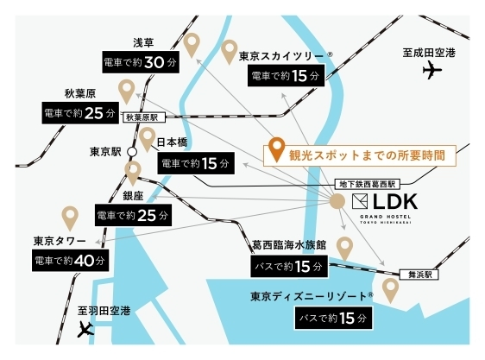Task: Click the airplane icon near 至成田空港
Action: [432, 70]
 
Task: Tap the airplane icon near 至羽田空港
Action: [85, 329]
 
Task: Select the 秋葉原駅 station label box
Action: [144, 117]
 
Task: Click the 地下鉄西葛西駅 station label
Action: [367, 184]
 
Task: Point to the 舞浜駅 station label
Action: [419, 275]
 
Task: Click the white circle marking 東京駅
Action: [132, 152]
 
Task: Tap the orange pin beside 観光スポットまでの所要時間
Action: [276, 149]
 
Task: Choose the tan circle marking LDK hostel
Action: [337, 201]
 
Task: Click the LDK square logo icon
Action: [360, 201]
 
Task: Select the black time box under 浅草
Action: [141, 62]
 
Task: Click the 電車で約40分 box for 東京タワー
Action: [71, 261]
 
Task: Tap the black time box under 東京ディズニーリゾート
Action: [333, 318]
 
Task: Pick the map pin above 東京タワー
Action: [70, 218]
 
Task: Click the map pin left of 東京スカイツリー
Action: [230, 53]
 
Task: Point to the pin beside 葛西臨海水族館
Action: [344, 249]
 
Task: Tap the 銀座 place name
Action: [133, 196]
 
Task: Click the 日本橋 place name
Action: [172, 142]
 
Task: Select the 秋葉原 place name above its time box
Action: [80, 93]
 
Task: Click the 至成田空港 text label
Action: [429, 53]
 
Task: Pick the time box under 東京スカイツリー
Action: [287, 75]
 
